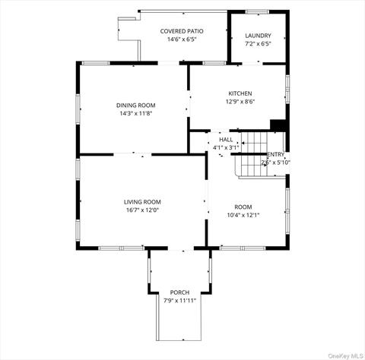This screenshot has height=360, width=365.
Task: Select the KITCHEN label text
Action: click(x=240, y=93)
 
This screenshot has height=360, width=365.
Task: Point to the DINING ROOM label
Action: click(x=135, y=105)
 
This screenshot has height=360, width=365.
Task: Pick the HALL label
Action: click(x=226, y=140)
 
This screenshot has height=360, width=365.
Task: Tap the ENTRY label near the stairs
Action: click(x=275, y=154)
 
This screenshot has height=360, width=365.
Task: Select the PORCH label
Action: click(x=179, y=292)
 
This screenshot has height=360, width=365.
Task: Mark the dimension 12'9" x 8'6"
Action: click(x=240, y=102)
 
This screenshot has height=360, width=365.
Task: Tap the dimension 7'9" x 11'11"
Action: click(x=179, y=301)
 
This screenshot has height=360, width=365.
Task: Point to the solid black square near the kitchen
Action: click(x=278, y=126)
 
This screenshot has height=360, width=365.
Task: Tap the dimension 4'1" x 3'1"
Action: click(x=226, y=147)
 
